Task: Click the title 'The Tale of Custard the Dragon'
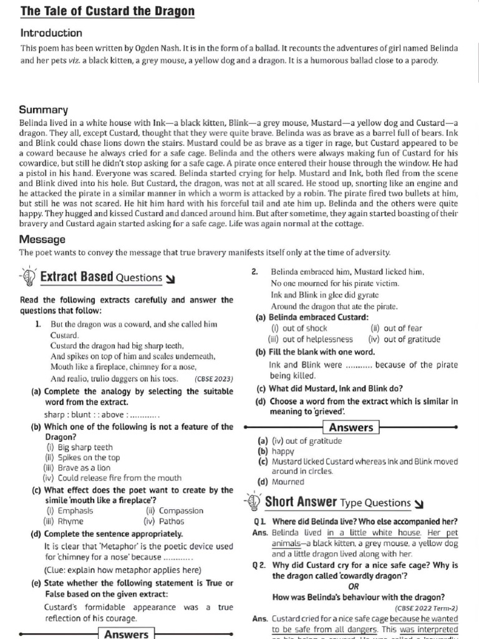click(x=107, y=11)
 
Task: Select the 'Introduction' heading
click(x=51, y=33)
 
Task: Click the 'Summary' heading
click(x=44, y=109)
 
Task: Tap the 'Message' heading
click(x=43, y=239)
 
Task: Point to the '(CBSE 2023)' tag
click(x=214, y=379)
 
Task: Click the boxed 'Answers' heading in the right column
click(x=351, y=427)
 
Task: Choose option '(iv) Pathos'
click(x=164, y=521)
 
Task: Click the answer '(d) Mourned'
click(x=281, y=482)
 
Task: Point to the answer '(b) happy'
click(x=275, y=451)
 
